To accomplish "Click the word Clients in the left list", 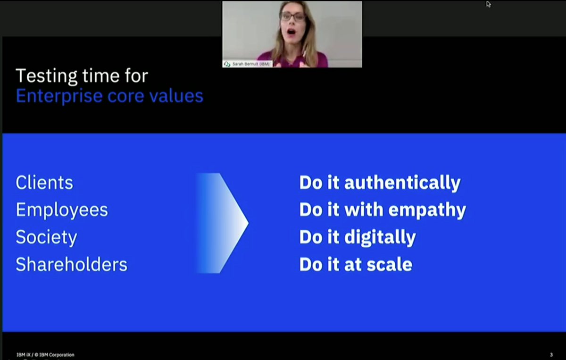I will pyautogui.click(x=44, y=183).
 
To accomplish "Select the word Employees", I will pyautogui.click(x=62, y=210).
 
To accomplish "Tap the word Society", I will pyautogui.click(x=46, y=237).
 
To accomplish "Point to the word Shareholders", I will pyautogui.click(x=72, y=264).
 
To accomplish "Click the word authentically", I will pyautogui.click(x=402, y=183).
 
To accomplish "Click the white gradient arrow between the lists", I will pyautogui.click(x=222, y=223).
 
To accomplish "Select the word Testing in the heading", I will pyautogui.click(x=46, y=75).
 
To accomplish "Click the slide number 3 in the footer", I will pyautogui.click(x=551, y=354).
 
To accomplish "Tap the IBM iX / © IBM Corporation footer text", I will pyautogui.click(x=45, y=355).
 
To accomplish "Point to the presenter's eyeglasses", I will pyautogui.click(x=293, y=17).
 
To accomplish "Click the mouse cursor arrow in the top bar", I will pyautogui.click(x=489, y=4).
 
